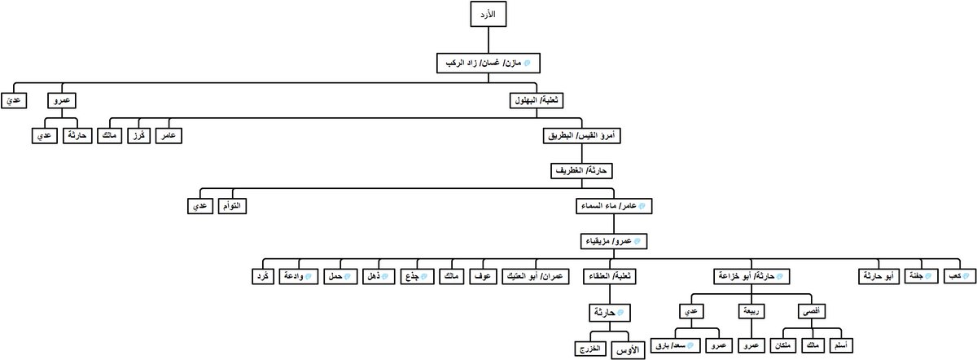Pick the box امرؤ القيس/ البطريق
(x=579, y=136)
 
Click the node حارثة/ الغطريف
(x=580, y=172)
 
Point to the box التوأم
(x=231, y=206)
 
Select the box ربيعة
(x=752, y=311)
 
